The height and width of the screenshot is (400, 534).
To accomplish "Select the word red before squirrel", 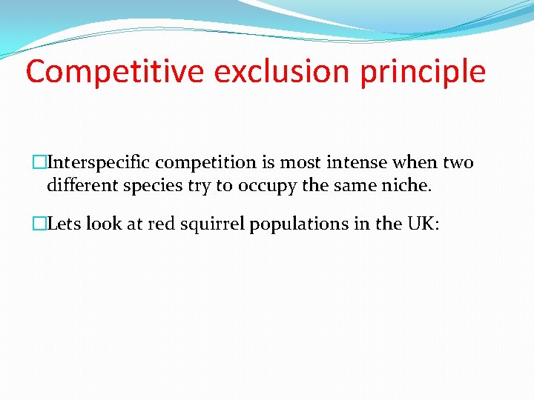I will point(160,224).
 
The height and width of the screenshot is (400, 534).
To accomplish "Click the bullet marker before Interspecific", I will point(40,163).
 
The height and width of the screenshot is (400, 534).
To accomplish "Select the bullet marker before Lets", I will point(40,224).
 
